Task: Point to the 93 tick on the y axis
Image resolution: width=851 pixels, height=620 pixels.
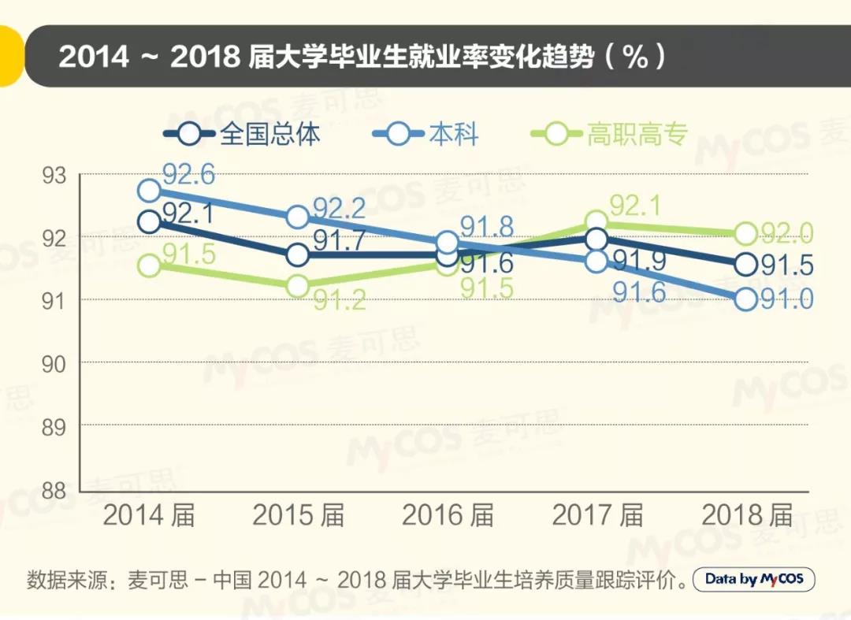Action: coord(55,176)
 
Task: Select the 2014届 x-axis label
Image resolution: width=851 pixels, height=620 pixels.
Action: coord(149,516)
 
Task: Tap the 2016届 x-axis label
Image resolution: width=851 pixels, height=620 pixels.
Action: coord(448,516)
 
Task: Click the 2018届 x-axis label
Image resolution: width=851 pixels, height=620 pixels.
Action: coord(746,516)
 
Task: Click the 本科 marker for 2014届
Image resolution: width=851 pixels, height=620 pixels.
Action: coord(149,190)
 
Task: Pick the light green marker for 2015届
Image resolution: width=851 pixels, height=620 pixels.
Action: coord(298,286)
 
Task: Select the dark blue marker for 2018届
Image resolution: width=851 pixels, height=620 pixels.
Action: coord(746,265)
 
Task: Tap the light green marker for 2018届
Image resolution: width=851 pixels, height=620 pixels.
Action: coord(746,233)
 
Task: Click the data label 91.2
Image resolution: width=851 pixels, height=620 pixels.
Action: coord(340,300)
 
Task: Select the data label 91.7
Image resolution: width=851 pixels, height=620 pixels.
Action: coord(340,240)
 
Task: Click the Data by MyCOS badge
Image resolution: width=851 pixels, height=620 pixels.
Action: coord(753,580)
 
